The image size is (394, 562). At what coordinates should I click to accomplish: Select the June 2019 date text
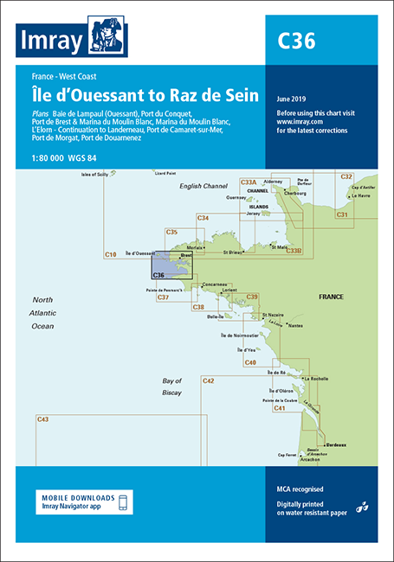294,98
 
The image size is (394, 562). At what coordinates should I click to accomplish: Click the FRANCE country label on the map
331,297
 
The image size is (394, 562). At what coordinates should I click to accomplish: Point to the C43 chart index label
43,419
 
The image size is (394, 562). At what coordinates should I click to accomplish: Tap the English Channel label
203,186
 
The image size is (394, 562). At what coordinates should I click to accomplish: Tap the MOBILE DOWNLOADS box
88,501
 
